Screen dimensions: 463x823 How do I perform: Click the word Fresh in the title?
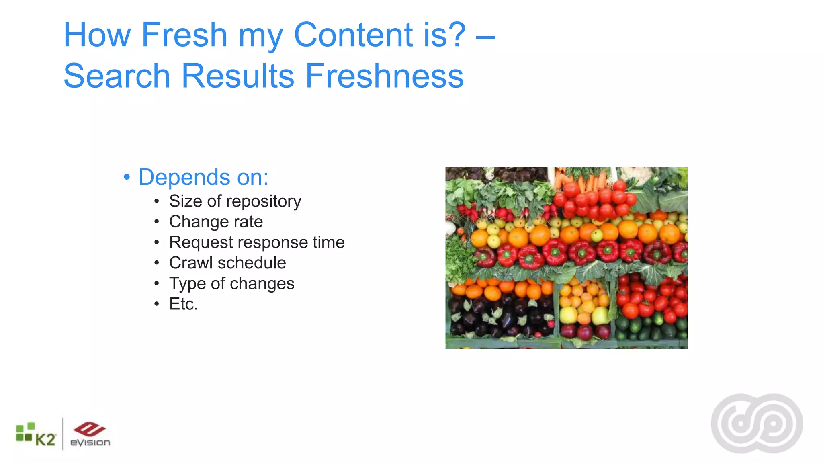point(184,35)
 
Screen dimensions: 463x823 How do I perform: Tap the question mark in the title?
point(456,35)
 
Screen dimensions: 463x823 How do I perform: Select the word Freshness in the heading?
point(384,76)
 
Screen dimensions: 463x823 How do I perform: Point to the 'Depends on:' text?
point(203,177)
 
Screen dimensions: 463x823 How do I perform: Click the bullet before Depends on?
point(127,177)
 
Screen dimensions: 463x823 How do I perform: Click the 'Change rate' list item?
point(216,222)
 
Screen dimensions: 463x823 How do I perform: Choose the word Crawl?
point(190,263)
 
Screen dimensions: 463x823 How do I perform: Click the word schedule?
point(252,263)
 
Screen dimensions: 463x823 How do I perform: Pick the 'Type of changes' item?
point(231,284)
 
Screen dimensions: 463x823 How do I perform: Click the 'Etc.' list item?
point(183,304)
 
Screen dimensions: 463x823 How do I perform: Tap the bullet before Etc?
point(157,304)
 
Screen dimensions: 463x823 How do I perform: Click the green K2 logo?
point(36,435)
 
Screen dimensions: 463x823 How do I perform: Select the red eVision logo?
point(90,434)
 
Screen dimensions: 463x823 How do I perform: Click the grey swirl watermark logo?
point(757,424)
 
